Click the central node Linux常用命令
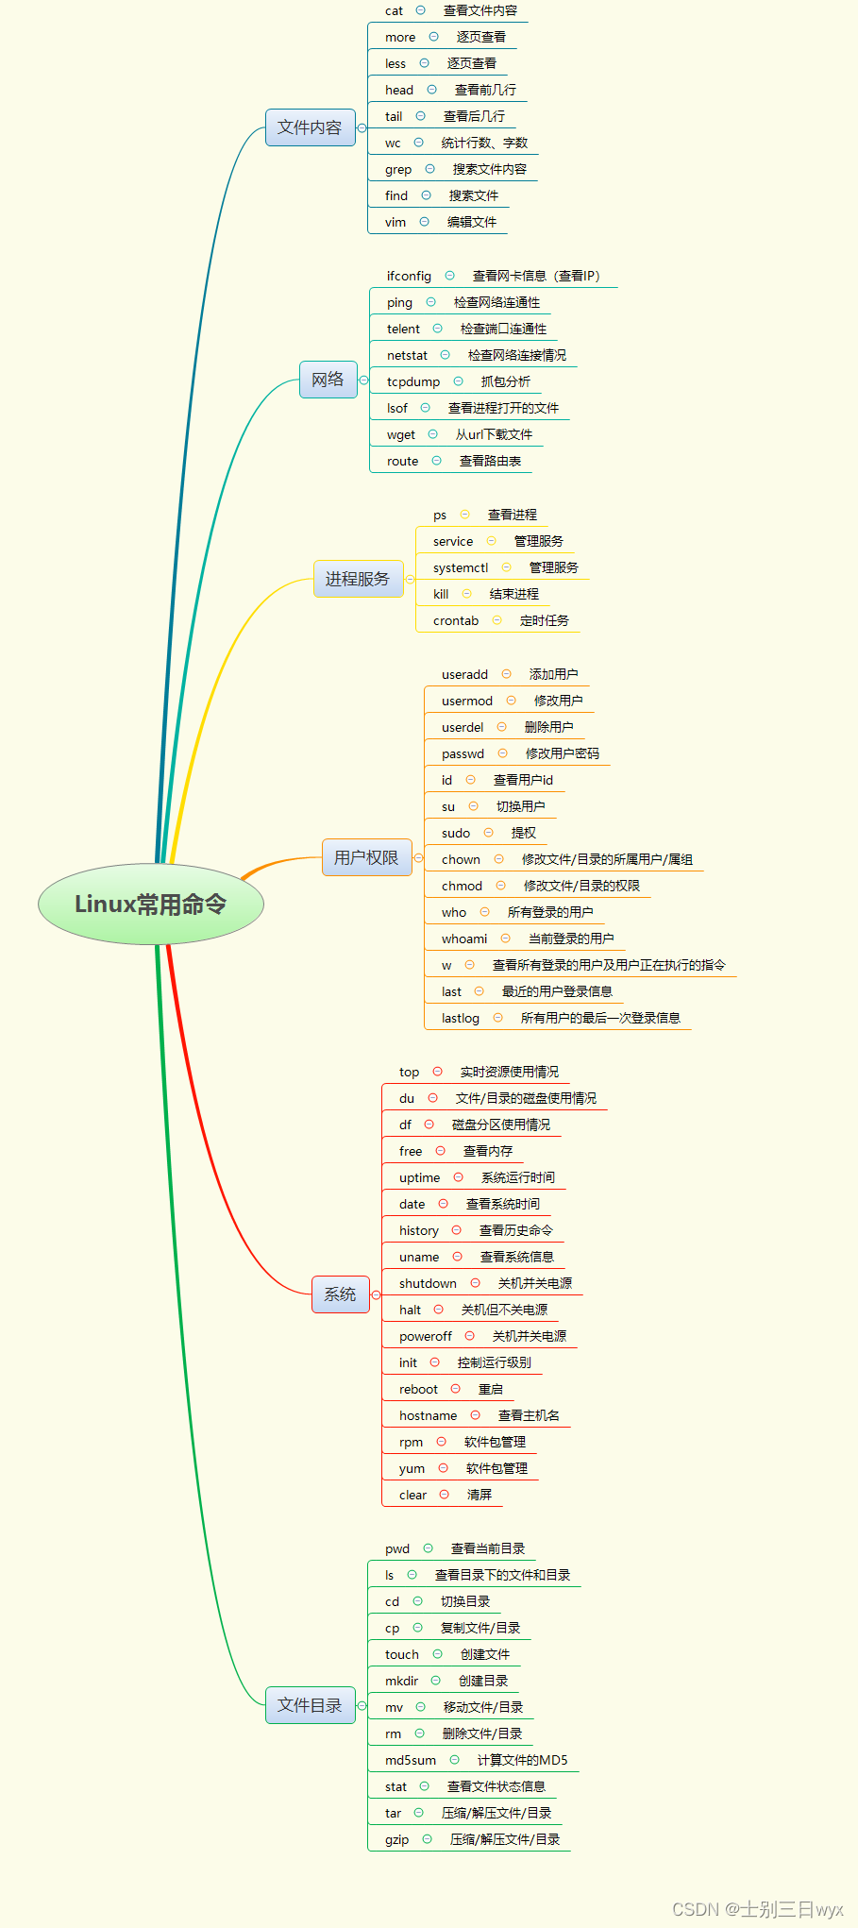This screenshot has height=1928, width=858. click(x=151, y=905)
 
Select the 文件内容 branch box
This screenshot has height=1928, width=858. click(x=310, y=127)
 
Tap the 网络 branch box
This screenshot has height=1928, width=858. click(x=328, y=380)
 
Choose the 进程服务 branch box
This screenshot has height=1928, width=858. click(x=357, y=579)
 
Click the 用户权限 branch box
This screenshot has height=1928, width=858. click(x=366, y=857)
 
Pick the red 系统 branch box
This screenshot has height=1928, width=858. click(x=340, y=1294)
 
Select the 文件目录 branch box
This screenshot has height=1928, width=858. click(x=310, y=1705)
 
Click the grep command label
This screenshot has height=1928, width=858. click(x=398, y=170)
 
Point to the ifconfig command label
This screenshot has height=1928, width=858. click(x=409, y=277)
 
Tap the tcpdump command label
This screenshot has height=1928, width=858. click(x=413, y=382)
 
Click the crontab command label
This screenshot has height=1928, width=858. click(x=456, y=621)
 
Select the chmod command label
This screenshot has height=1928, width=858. click(x=462, y=887)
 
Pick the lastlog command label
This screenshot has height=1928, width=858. click(x=461, y=1019)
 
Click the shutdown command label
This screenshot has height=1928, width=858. click(x=428, y=1284)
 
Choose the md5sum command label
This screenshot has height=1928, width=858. click(x=411, y=1761)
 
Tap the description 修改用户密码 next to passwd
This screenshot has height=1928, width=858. click(x=563, y=753)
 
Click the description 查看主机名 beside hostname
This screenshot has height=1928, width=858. click(x=529, y=1415)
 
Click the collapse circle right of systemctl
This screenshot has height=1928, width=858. click(x=506, y=567)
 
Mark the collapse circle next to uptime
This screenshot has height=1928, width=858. click(x=459, y=1177)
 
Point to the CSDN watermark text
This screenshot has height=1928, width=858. click(x=757, y=1909)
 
